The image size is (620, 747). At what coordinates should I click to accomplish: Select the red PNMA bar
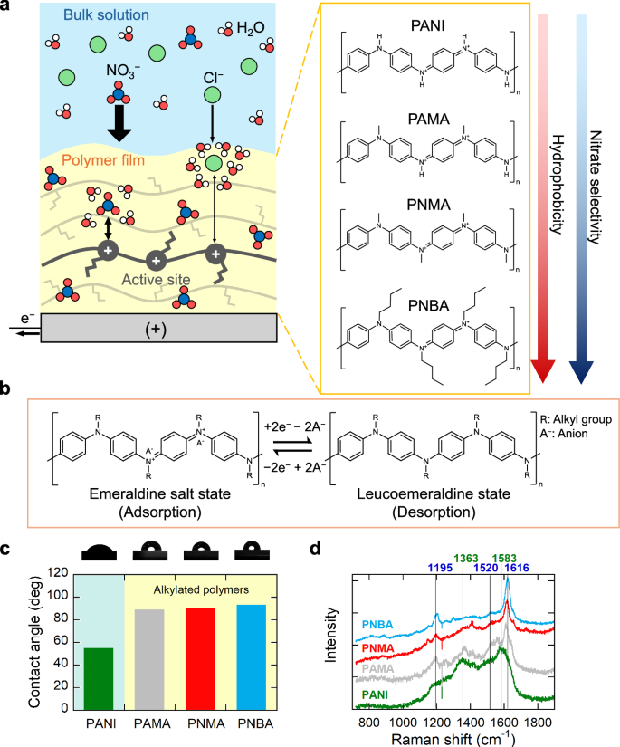pos(200,660)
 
